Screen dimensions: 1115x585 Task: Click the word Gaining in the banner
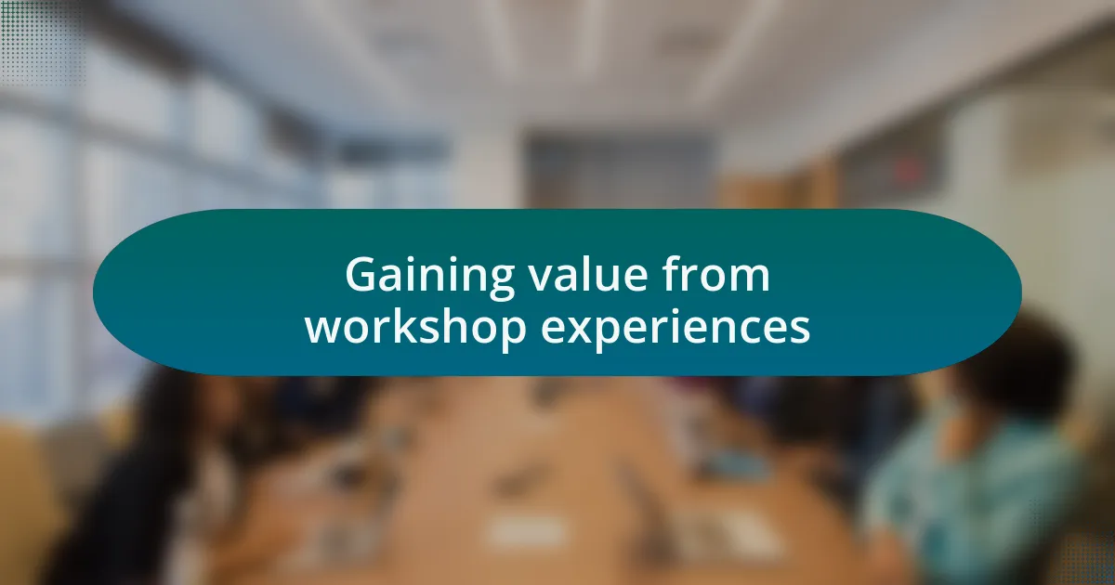(429, 278)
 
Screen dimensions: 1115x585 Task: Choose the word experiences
(676, 329)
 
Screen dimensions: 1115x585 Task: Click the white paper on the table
(527, 531)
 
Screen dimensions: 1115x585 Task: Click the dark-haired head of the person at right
(1016, 363)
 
